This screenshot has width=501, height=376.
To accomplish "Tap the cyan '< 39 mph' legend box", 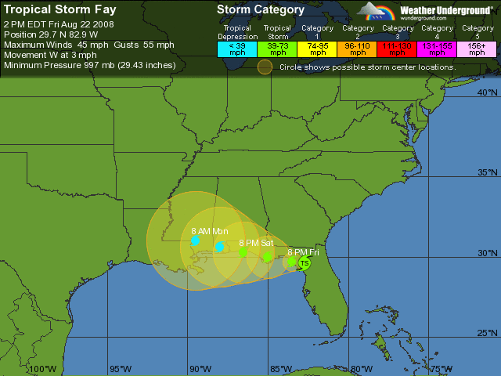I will click(237, 49).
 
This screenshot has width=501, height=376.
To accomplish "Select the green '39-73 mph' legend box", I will click(278, 49).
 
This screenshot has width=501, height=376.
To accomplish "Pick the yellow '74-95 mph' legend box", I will click(318, 49).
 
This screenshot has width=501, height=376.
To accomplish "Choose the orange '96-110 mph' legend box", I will click(358, 49).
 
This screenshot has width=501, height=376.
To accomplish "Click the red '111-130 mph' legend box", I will click(398, 49).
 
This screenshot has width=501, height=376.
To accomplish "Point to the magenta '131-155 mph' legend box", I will click(438, 49).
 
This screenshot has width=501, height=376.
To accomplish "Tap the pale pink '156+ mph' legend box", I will click(477, 49).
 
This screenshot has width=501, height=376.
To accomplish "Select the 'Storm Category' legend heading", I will click(261, 10).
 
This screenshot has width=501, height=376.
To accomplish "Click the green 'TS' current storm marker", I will click(305, 263).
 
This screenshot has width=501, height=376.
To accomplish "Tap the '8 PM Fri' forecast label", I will click(303, 252).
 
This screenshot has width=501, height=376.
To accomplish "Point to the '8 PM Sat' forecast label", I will click(255, 243).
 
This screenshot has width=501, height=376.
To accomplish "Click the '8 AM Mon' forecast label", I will click(209, 231).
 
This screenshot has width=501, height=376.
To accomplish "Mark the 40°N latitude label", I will click(487, 92).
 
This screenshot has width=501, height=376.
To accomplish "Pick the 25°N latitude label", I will click(487, 333).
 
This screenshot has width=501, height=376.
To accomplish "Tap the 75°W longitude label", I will click(441, 369).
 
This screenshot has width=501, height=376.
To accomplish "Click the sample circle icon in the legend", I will click(265, 67).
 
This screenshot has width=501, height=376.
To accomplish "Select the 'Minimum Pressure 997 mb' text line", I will click(89, 65).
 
